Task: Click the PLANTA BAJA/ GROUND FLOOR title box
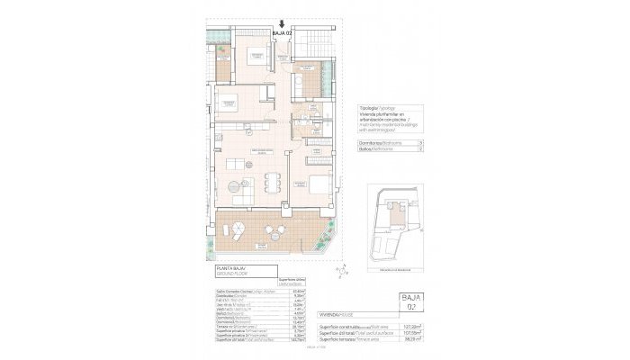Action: coord(233,272)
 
